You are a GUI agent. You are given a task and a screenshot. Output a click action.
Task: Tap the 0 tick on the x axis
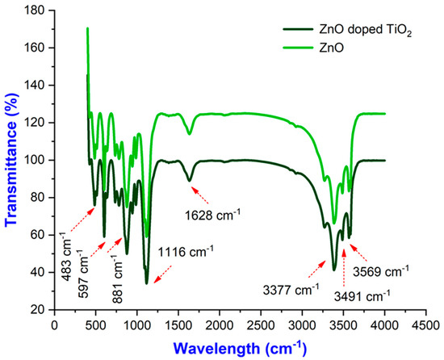(54, 324)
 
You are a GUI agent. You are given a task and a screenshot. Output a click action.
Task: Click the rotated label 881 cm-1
(119, 264)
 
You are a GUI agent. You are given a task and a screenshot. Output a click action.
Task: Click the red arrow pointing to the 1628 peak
(202, 194)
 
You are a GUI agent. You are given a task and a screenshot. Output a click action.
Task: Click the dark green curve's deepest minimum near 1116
(146, 283)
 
